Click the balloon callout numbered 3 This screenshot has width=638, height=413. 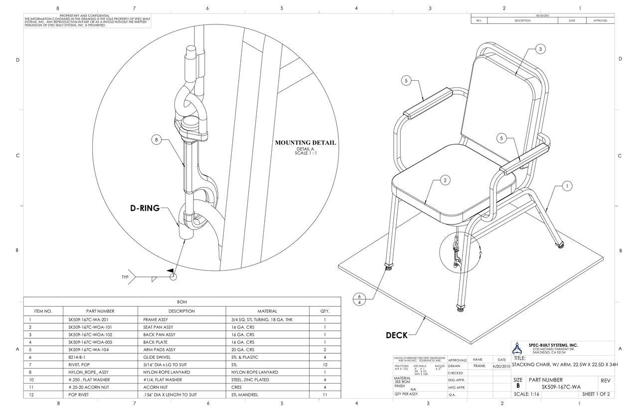click(x=540, y=49)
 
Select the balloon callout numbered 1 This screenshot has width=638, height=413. click(x=567, y=187)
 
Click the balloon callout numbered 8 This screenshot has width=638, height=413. click(x=157, y=140)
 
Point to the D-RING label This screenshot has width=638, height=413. click(x=145, y=208)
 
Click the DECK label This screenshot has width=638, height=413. click(x=397, y=336)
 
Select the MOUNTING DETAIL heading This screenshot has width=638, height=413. click(x=306, y=143)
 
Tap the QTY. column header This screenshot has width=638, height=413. click(x=325, y=311)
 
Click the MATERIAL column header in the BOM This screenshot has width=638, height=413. click(x=267, y=311)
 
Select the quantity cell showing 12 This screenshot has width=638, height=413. click(x=325, y=365)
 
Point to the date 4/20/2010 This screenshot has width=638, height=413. click(x=501, y=366)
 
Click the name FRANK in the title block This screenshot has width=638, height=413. click(x=479, y=366)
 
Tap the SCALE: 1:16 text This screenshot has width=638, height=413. click(x=526, y=394)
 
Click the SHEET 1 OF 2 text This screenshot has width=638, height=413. click(x=596, y=394)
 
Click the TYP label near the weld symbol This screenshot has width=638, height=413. click(x=125, y=277)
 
